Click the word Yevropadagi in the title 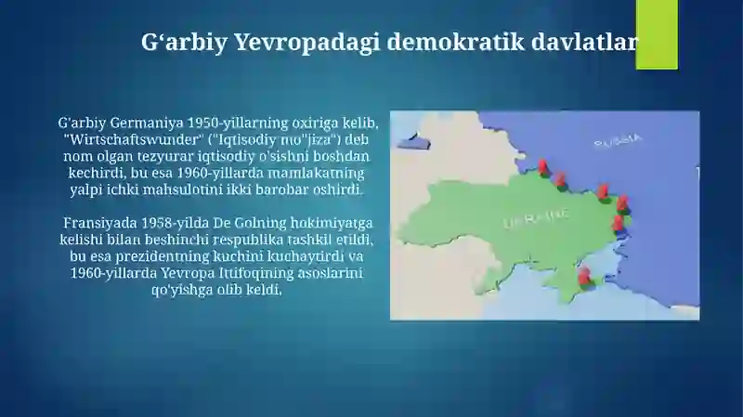coord(307,42)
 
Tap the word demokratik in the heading coord(456,42)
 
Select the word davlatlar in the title coord(585,42)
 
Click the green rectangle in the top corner coord(657,34)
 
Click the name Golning coord(261,223)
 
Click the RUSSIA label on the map coord(619,141)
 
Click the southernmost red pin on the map coord(585,276)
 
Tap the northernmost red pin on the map coord(543,167)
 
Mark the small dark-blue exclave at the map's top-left coord(413,141)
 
